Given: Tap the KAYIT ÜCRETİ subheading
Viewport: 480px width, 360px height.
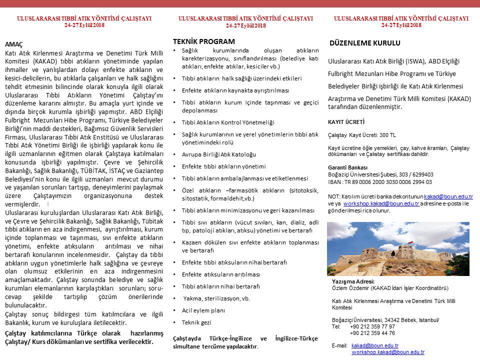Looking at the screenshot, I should coord(346,121).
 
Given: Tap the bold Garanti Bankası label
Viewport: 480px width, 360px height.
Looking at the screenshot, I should coord(347,167).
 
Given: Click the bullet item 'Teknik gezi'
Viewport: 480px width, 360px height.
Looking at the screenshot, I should coord(196,322).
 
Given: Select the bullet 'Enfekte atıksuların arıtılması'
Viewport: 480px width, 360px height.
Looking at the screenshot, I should coord(220,274).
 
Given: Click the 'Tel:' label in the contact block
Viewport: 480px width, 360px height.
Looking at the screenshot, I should coord(336,326).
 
